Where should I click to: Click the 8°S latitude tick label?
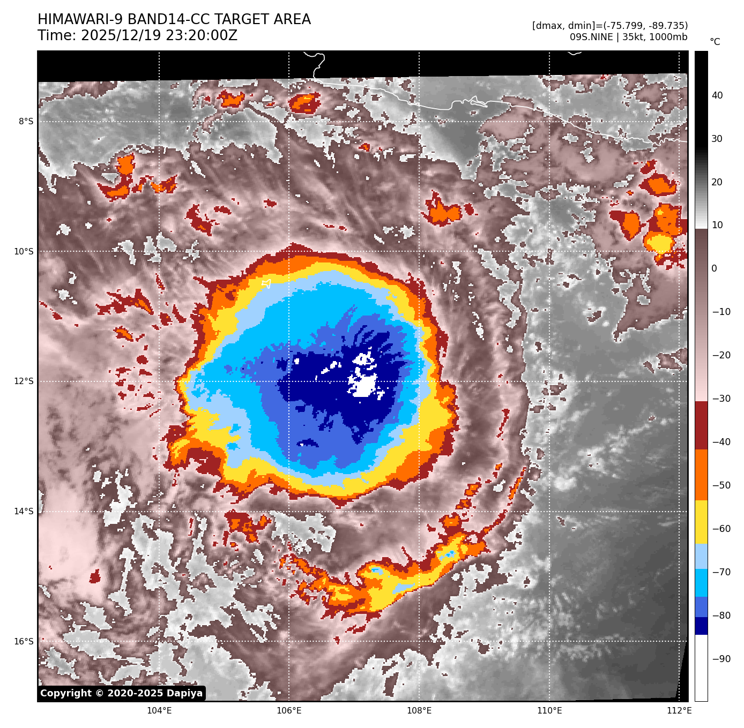coord(26,122)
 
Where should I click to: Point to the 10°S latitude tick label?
coord(24,252)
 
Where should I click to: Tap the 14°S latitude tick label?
coord(24,512)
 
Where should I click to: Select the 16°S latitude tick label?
coord(24,642)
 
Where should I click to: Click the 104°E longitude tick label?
coord(159,711)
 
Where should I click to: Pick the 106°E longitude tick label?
coord(289,711)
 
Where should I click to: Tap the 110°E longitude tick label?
coord(549,711)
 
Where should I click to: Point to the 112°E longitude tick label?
coord(679,711)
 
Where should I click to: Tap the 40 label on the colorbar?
coord(717,95)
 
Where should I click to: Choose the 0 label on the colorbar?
coord(714,268)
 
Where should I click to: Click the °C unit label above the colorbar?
coord(715,42)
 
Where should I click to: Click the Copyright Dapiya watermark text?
coord(122,693)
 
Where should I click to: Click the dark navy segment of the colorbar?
coord(701,626)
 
